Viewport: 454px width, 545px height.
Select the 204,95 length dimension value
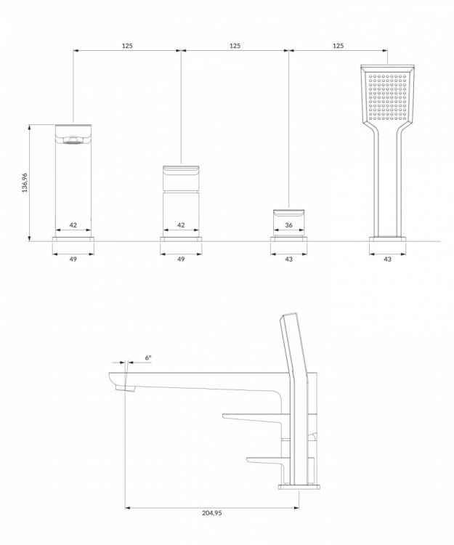click(212, 513)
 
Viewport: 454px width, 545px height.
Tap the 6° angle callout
click(148, 358)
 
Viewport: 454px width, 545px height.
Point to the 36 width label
click(288, 225)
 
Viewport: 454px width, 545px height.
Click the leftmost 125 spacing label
click(127, 46)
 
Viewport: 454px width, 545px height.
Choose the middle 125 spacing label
click(235, 46)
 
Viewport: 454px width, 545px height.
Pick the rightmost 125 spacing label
click(339, 46)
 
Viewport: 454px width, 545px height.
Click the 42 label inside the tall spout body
click(73, 225)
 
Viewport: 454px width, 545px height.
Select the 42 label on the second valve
click(181, 225)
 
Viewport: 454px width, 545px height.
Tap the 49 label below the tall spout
click(73, 259)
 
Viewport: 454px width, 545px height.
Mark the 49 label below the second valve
click(181, 259)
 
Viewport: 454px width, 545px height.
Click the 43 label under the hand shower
click(388, 259)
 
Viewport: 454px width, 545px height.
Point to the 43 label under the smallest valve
click(288, 259)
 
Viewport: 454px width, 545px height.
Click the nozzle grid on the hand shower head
click(388, 95)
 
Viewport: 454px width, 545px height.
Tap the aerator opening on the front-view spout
click(73, 140)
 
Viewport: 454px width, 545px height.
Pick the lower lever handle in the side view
click(267, 461)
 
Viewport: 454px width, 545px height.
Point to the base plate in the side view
click(299, 487)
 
